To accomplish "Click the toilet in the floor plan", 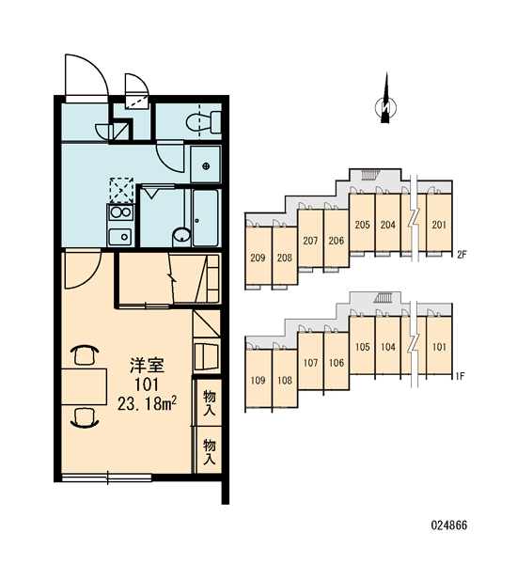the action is point(203,122).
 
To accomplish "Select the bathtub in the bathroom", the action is point(206,218).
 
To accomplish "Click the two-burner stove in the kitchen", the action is point(120,213).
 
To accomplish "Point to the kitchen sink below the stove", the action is point(120,237).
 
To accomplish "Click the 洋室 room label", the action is point(147,365).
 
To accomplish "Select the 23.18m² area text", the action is point(147,404).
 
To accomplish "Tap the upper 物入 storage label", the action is point(209,403).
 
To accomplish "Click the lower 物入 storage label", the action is point(209,451).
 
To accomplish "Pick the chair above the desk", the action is point(86,354).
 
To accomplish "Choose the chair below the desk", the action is point(86,417).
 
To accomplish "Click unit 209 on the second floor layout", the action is point(258,258).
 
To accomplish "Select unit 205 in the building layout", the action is point(362,225).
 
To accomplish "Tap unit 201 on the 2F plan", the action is point(439,225).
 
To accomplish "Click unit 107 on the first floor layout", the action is point(310,363).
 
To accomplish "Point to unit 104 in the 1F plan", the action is point(388,347).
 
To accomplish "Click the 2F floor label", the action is point(462,255).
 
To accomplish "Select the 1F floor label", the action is point(461,376).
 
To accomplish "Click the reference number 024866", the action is point(449,525).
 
